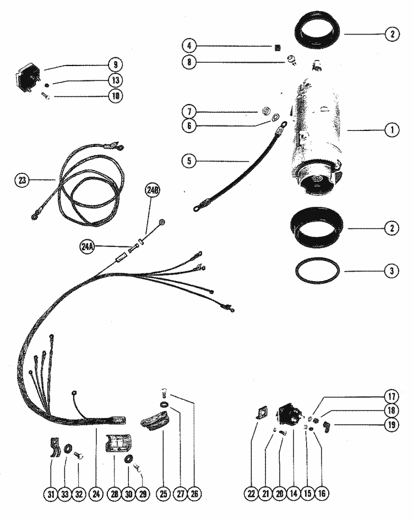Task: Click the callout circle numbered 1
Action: tap(391, 130)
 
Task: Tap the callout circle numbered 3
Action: tap(391, 271)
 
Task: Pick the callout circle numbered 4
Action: tap(189, 45)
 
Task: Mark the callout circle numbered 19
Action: tap(391, 424)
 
